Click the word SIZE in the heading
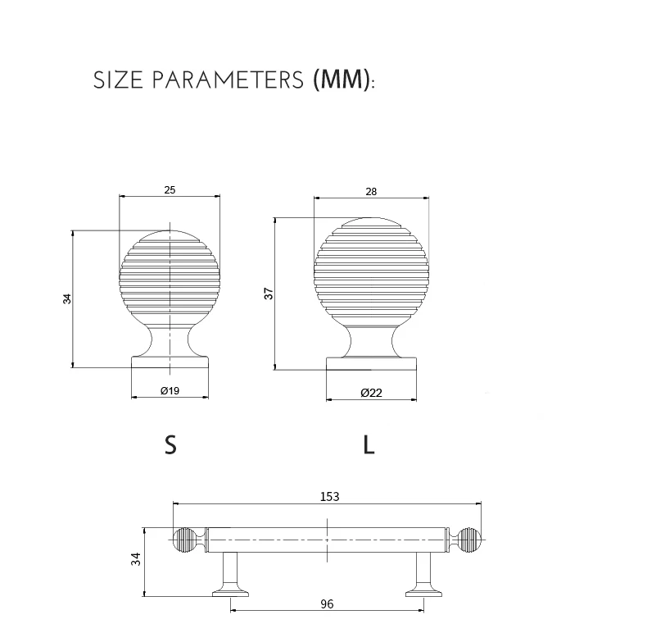click(118, 80)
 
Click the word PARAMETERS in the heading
click(228, 80)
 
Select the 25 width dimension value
click(170, 190)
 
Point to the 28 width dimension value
click(371, 192)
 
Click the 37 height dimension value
click(269, 294)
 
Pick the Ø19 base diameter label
click(170, 391)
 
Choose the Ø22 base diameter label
click(371, 393)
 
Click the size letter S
click(170, 445)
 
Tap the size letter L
click(369, 445)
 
